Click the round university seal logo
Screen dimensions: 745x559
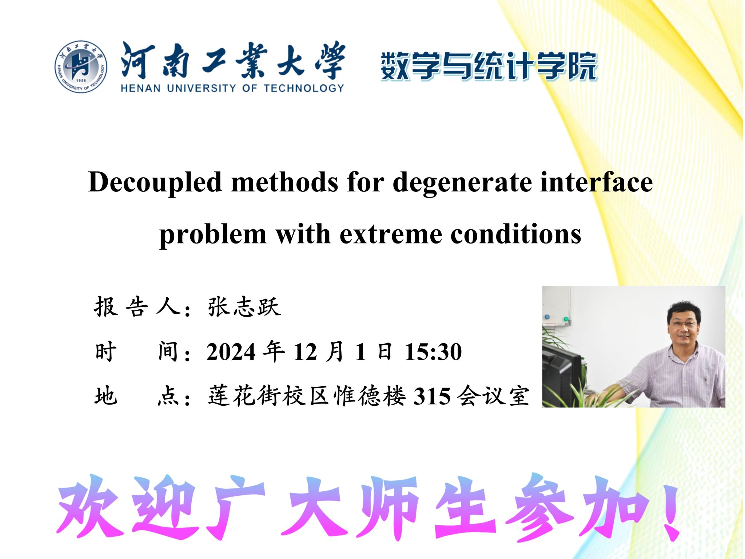[81, 67]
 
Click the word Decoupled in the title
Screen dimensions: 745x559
[155, 182]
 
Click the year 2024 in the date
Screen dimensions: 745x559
[231, 352]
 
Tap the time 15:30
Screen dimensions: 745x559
[433, 352]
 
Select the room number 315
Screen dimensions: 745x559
[432, 396]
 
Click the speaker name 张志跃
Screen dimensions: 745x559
[244, 307]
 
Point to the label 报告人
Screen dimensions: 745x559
[138, 307]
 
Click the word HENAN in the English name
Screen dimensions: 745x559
[140, 88]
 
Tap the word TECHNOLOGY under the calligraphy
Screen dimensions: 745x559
[303, 88]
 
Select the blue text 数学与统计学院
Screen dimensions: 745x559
[489, 66]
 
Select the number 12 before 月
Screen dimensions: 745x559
[305, 352]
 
